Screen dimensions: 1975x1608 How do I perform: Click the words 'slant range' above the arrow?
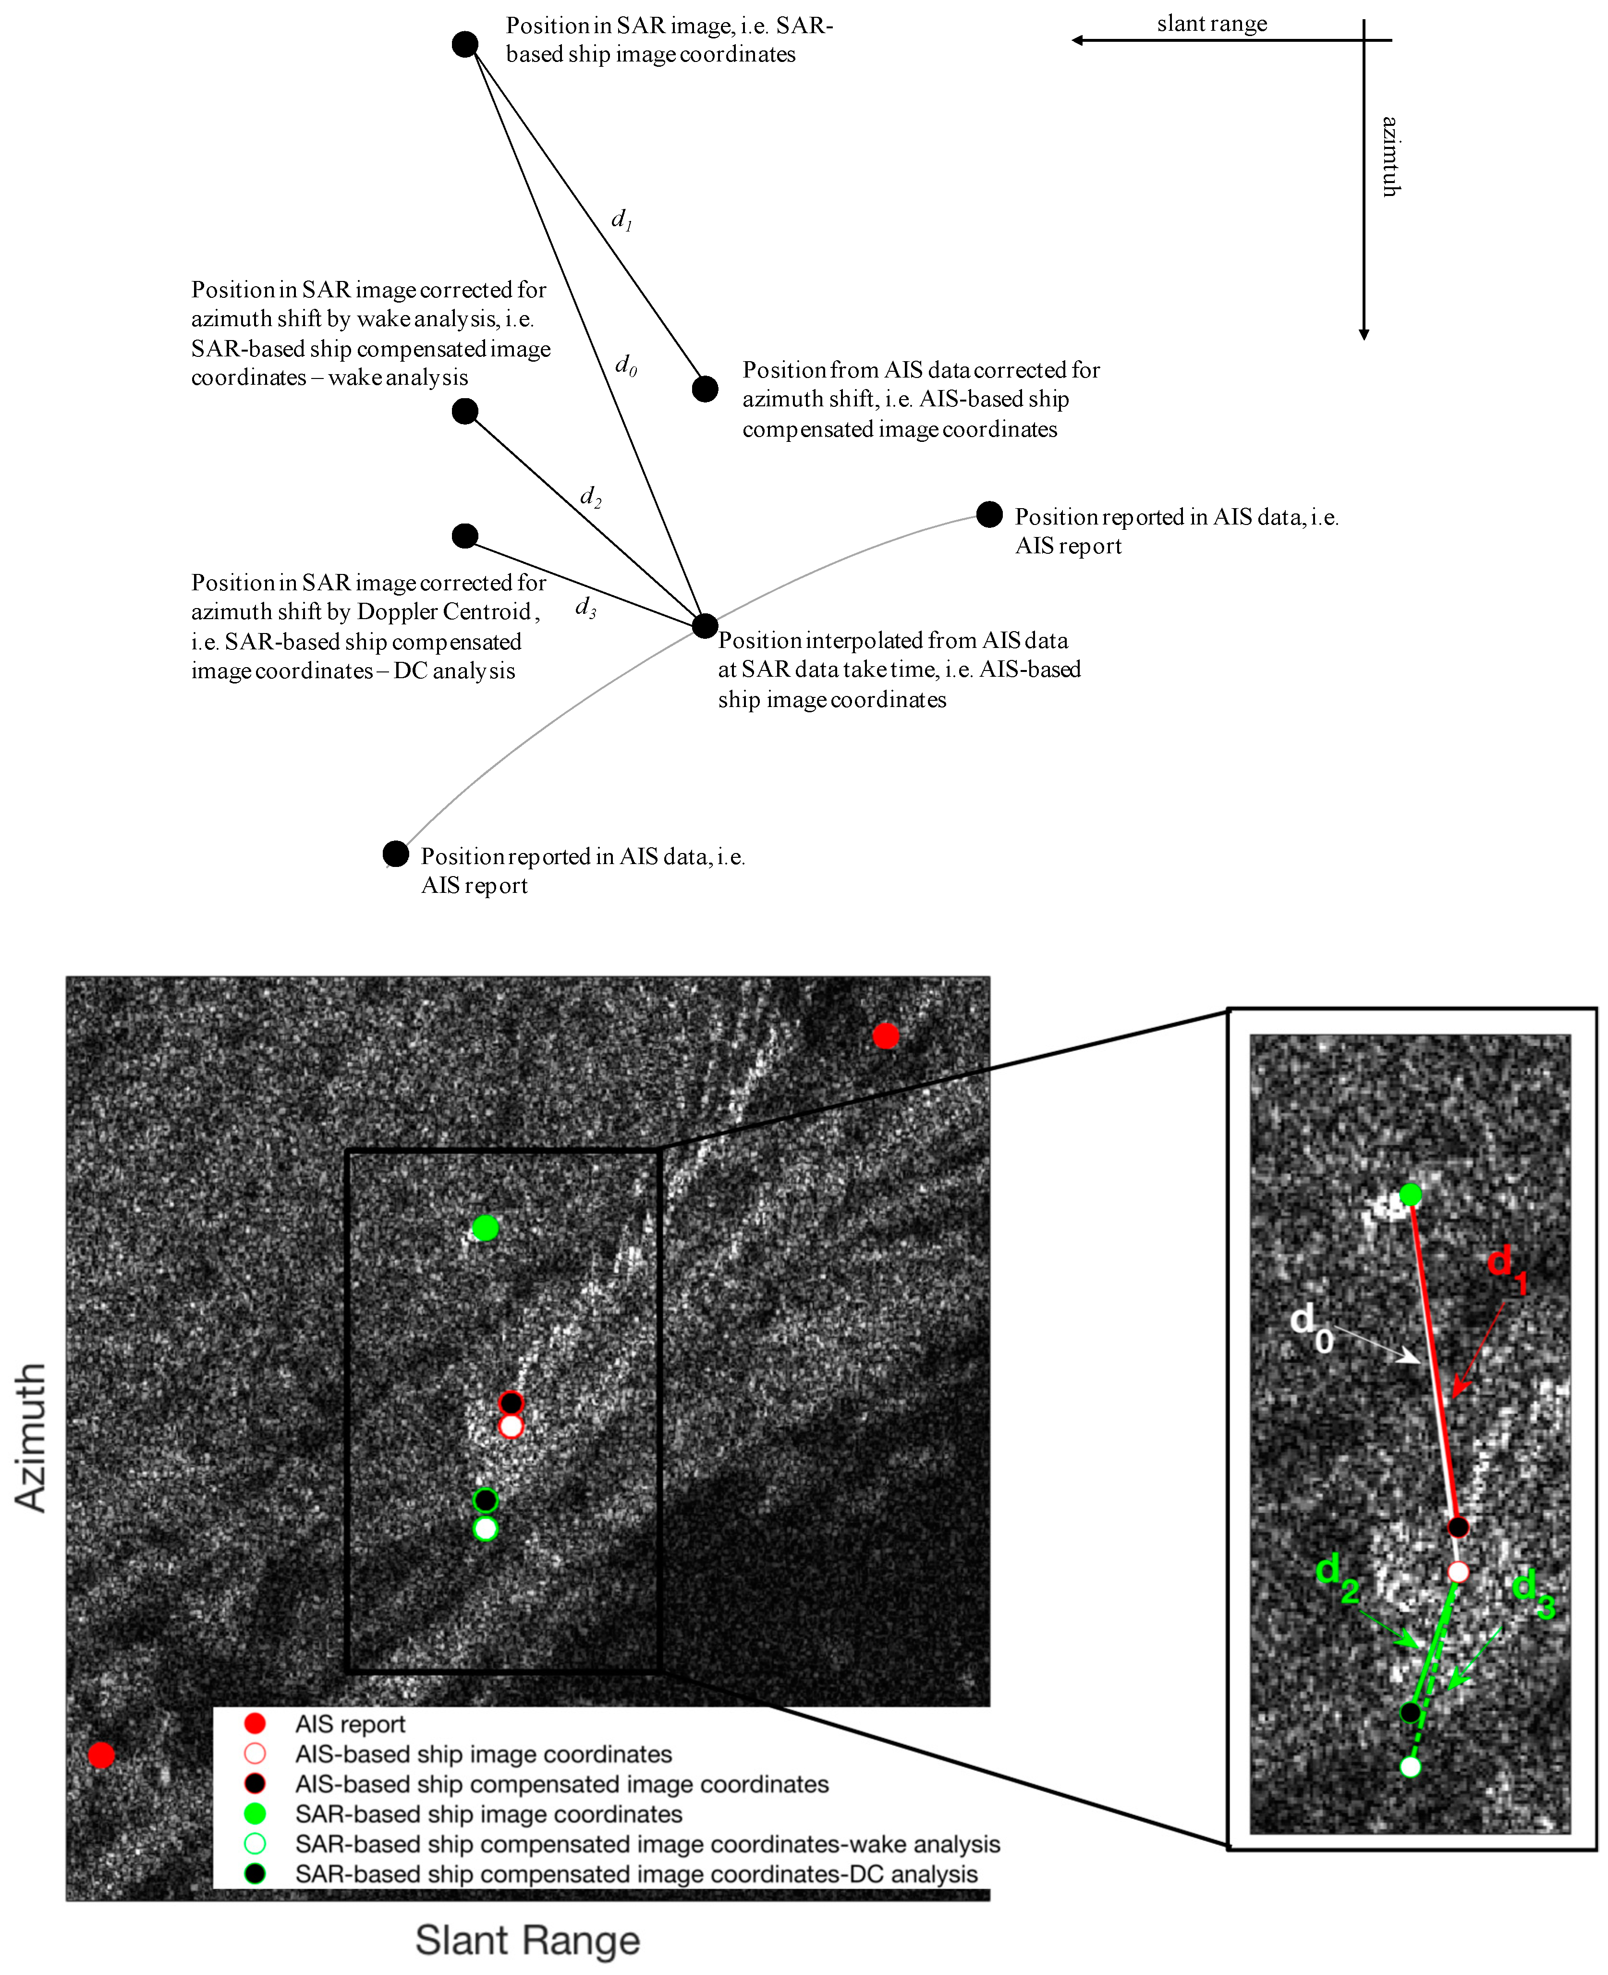point(1212,24)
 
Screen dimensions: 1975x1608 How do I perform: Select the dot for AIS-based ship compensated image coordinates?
point(705,389)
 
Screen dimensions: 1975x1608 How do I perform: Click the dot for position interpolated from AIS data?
point(705,626)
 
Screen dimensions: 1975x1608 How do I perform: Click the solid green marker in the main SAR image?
point(486,1228)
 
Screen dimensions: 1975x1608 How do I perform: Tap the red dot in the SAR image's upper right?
point(886,1036)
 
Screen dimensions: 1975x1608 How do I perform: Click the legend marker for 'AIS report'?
point(255,1723)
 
